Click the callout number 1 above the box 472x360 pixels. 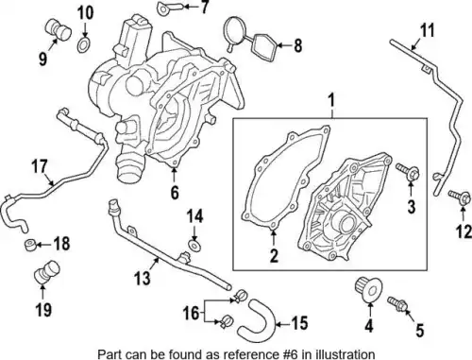tap(331, 101)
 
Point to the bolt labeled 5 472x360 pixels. tap(398, 304)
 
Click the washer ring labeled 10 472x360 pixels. tap(83, 45)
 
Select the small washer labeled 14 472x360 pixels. tap(194, 246)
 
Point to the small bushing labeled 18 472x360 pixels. tap(30, 245)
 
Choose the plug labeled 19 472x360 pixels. tap(47, 272)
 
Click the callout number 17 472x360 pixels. tap(40, 167)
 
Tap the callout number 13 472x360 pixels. tap(143, 278)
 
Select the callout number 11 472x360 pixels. tap(428, 30)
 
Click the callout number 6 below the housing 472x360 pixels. tap(175, 192)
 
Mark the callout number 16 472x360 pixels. tap(192, 314)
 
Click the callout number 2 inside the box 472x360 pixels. tap(275, 255)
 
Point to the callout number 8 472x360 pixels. tap(297, 45)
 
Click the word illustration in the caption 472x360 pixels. tap(342, 353)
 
